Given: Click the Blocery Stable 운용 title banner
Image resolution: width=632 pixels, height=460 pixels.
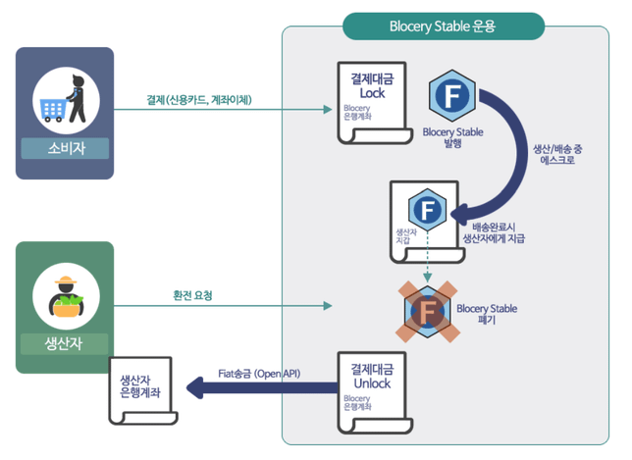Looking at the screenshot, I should [443, 26].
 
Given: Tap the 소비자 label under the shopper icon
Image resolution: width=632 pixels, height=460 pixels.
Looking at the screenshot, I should [66, 149].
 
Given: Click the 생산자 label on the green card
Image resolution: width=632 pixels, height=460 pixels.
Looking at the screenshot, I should [66, 344].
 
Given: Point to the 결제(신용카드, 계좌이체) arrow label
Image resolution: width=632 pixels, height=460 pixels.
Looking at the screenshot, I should [199, 99].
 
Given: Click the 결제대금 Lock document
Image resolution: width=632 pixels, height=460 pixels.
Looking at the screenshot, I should [372, 102].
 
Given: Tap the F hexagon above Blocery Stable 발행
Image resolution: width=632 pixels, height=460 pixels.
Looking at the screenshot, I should [452, 97].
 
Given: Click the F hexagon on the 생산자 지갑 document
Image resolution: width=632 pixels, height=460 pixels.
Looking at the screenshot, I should [426, 209].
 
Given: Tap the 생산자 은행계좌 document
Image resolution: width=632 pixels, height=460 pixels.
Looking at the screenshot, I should [140, 386].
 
